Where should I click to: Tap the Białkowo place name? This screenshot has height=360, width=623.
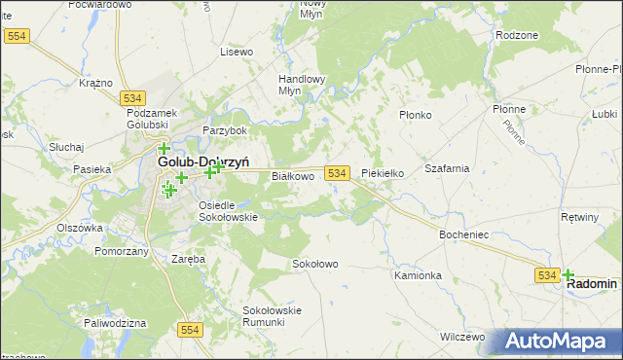292,176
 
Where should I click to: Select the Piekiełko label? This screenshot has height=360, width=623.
383,173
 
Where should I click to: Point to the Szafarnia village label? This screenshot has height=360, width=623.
447,168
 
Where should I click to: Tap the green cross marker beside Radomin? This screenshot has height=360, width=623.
568,275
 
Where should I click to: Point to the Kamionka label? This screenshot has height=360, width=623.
419,275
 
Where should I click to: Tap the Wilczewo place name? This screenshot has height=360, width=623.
462,336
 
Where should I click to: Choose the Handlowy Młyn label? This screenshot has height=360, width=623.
302,85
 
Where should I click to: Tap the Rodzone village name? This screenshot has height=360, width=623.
516,35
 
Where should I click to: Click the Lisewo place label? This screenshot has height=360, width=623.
237,51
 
